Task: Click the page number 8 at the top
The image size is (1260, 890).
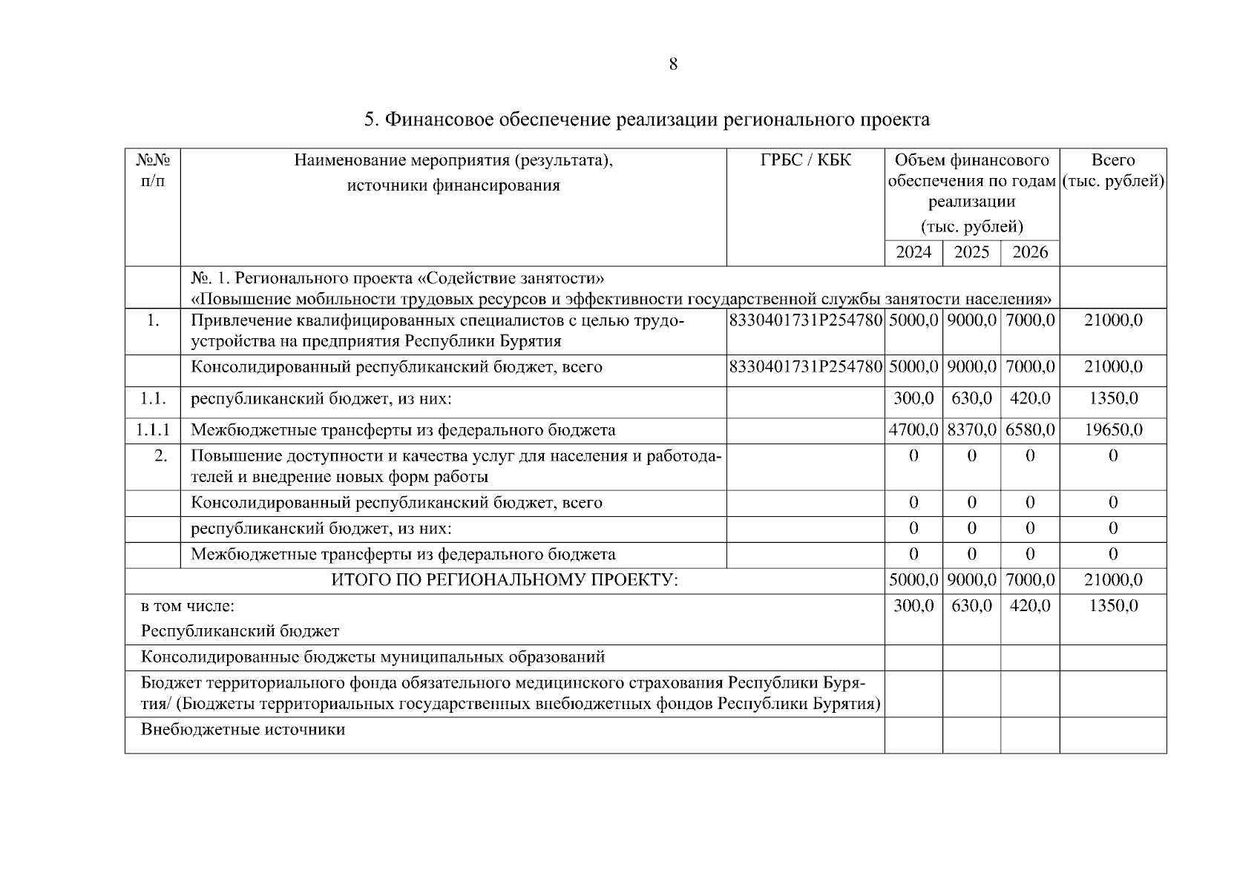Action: coord(672,65)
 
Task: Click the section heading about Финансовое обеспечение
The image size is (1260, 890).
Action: coord(646,119)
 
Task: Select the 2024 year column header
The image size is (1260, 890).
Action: coord(913,252)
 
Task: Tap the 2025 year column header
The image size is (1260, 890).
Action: coord(971,252)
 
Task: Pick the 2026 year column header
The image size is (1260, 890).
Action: coord(1030,252)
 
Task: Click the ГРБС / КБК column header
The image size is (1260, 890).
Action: coord(805,160)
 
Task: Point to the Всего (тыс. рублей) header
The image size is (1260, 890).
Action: coord(1112,171)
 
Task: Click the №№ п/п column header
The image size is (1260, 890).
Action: coord(153,171)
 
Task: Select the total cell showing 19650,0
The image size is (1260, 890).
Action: coord(1112,430)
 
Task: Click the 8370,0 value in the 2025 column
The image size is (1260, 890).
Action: coord(971,430)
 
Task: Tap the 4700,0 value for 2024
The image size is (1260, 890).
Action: coord(913,430)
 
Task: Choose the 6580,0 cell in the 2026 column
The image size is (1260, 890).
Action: coord(1030,430)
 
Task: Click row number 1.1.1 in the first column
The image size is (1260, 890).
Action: coord(153,430)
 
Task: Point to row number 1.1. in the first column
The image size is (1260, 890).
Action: coord(153,399)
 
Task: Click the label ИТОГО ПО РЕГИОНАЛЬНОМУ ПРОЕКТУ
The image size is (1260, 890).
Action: coord(505,580)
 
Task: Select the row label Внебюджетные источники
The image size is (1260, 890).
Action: coord(243,730)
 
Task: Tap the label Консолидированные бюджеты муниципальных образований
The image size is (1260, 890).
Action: coord(373,657)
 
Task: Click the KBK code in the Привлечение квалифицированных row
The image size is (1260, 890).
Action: coord(806,320)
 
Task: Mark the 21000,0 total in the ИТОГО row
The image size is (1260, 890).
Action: coord(1112,580)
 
